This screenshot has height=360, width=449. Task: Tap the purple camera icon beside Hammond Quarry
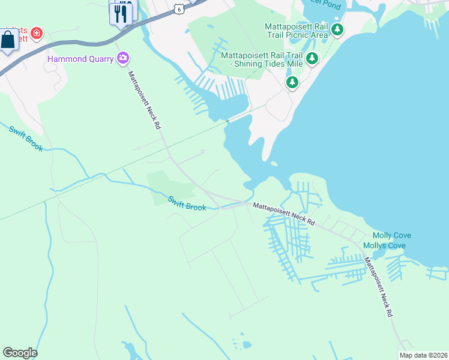tap(124, 58)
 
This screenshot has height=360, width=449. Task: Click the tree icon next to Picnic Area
tap(337, 29)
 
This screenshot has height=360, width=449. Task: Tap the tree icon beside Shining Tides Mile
tap(312, 58)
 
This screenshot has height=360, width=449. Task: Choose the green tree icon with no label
tap(292, 82)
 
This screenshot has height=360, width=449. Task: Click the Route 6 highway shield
tap(178, 9)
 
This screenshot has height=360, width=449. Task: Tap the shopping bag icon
tap(8, 41)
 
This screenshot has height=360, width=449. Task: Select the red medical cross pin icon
tap(37, 32)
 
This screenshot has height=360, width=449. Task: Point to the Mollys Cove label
tap(388, 245)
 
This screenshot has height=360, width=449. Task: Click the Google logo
tap(20, 353)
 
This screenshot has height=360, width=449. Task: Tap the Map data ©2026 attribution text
tap(424, 355)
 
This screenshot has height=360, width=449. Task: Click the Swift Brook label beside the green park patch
tap(187, 203)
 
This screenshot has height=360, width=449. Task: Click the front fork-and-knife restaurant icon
tap(122, 13)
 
